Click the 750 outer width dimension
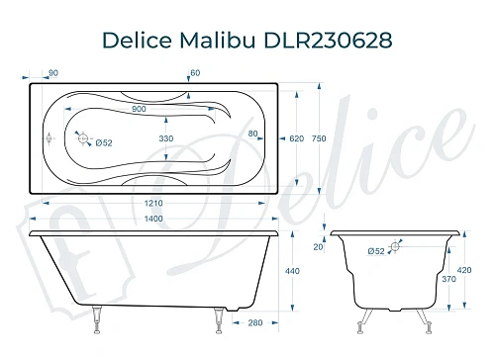[x=317, y=139]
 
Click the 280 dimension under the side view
[x=256, y=322]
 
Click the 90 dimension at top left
[x=52, y=72]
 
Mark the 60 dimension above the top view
[x=195, y=72]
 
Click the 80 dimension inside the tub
[x=252, y=134]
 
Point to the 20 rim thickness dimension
[x=319, y=247]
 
